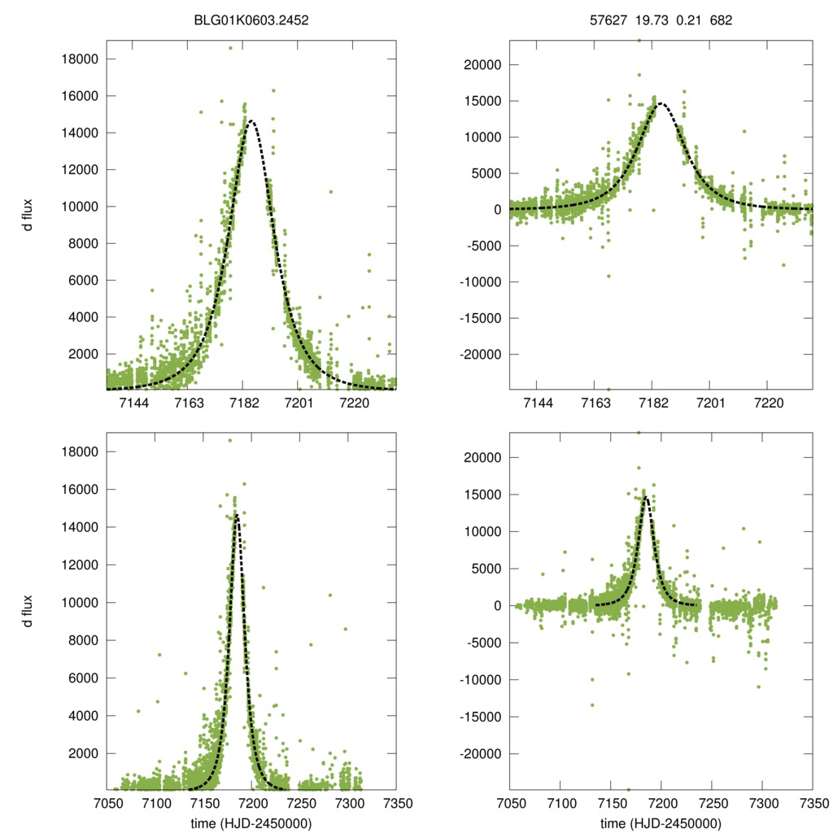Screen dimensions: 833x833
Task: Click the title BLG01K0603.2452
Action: pyautogui.click(x=251, y=20)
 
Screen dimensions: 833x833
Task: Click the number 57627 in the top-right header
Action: pyautogui.click(x=607, y=20)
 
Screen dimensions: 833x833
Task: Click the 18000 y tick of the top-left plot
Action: pyautogui.click(x=79, y=59)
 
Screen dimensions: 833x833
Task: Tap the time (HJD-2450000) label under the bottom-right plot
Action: pyautogui.click(x=661, y=822)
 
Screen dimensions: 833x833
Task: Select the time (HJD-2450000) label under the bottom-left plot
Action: pyautogui.click(x=251, y=822)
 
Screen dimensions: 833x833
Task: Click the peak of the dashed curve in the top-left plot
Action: pyautogui.click(x=251, y=121)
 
